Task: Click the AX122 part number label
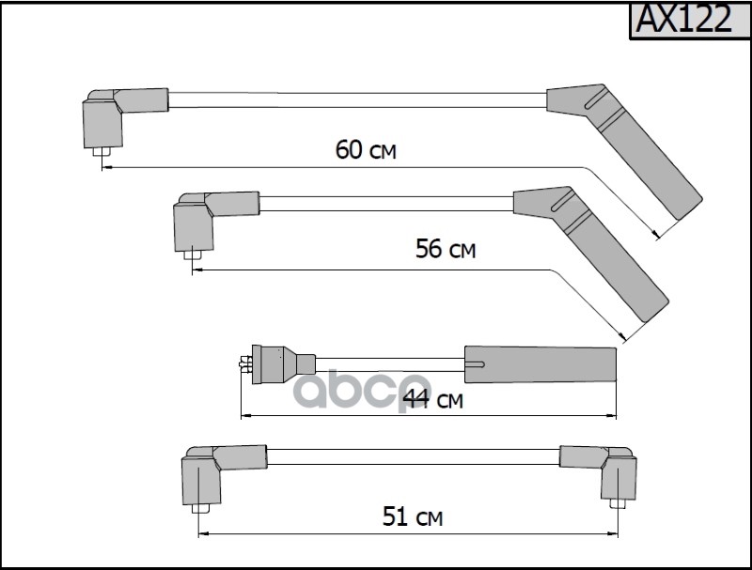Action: pyautogui.click(x=684, y=19)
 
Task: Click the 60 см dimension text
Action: pyautogui.click(x=366, y=149)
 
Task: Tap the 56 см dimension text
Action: pyautogui.click(x=446, y=249)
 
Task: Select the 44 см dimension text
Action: pyautogui.click(x=433, y=399)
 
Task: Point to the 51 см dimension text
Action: pyautogui.click(x=413, y=516)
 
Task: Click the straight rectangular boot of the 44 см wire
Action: pyautogui.click(x=540, y=364)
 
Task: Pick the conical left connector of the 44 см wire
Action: pyautogui.click(x=283, y=364)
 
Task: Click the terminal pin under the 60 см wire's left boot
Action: pyautogui.click(x=102, y=152)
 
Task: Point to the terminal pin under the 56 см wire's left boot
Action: pyautogui.click(x=193, y=254)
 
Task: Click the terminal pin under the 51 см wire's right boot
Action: pyautogui.click(x=619, y=504)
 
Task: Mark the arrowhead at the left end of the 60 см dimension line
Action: pyautogui.click(x=107, y=167)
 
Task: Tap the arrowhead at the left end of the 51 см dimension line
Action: pyautogui.click(x=204, y=533)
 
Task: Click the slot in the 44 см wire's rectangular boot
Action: pyautogui.click(x=475, y=365)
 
